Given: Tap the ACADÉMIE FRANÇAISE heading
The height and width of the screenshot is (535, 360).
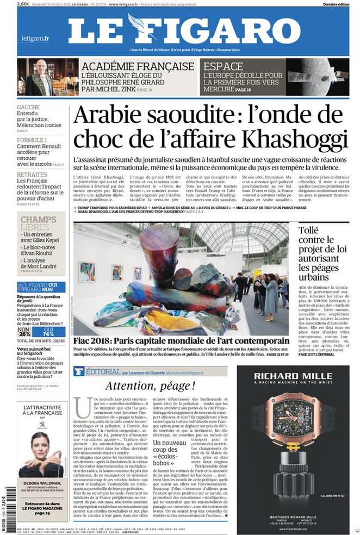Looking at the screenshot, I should click(138, 66).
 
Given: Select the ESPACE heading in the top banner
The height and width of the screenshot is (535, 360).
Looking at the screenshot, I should click(223, 66).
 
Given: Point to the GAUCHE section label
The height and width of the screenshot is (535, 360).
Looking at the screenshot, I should click(28, 108).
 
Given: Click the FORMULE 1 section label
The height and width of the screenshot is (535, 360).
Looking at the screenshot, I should click(32, 140).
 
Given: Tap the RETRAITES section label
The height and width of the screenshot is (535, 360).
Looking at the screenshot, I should click(32, 175).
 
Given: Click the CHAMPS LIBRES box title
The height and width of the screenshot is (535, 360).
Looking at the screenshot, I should click(38, 223).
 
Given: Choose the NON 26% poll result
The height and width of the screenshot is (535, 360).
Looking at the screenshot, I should click(24, 332).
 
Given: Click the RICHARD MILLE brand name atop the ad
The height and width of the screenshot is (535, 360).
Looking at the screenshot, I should click(292, 375).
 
